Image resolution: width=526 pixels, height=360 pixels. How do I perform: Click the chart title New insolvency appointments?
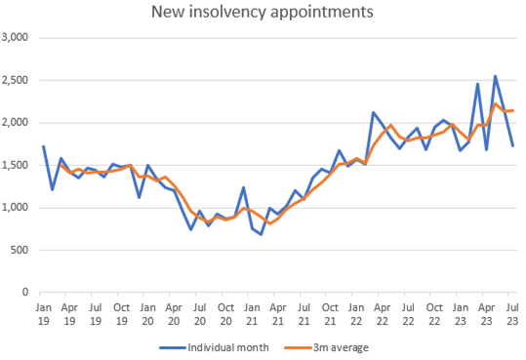coord(263,13)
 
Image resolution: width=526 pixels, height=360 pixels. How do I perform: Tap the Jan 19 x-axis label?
coord(43,312)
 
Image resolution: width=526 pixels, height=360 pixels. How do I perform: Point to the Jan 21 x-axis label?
coord(252,312)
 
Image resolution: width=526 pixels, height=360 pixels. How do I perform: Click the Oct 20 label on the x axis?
coord(225,312)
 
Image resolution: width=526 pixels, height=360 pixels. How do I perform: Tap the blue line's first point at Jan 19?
coord(43,146)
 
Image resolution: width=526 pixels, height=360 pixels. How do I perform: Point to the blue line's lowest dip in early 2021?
coord(261,234)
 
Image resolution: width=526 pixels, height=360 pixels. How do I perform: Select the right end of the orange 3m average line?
coord(513,110)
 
